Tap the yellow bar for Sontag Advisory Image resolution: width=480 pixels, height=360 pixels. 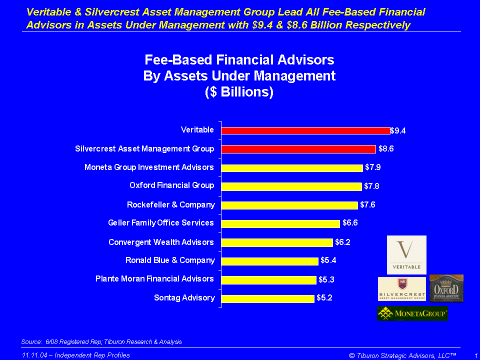click(x=267, y=298)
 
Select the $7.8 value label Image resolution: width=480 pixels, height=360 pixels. click(x=371, y=186)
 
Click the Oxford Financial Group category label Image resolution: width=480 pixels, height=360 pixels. click(x=171, y=185)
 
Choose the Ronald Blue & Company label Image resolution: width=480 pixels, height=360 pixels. click(x=170, y=260)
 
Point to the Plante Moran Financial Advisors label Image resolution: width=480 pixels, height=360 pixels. click(x=154, y=278)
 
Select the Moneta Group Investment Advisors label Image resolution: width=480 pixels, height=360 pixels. click(x=149, y=167)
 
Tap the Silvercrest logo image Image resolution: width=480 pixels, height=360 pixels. click(x=401, y=289)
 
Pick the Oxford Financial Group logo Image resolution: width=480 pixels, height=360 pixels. click(x=446, y=288)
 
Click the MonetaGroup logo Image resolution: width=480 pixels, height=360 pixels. click(x=411, y=313)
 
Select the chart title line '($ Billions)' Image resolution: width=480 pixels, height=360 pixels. click(x=239, y=92)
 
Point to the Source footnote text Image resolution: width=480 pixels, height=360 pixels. click(x=101, y=342)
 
